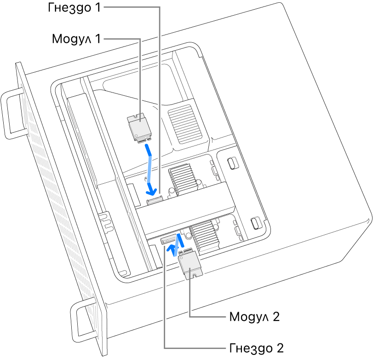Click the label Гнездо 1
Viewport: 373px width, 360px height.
click(74, 9)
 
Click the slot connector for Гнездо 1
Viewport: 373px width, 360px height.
click(154, 200)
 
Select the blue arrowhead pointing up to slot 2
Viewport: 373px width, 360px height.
click(172, 249)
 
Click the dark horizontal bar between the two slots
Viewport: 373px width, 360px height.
click(184, 207)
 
